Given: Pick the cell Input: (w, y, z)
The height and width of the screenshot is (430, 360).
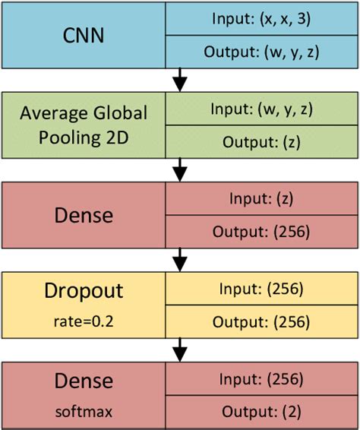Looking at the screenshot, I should tap(262, 109).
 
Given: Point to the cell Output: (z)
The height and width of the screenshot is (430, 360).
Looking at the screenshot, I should tap(262, 142).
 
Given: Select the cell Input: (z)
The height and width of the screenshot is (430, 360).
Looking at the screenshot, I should tap(262, 199).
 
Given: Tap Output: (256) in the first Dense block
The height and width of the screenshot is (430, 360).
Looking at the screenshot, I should tap(262, 232).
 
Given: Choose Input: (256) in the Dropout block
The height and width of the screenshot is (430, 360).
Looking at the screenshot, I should tap(262, 289).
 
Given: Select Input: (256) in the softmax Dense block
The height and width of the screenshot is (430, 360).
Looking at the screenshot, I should tap(262, 379).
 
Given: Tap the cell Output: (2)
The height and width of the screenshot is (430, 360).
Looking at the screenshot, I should tap(262, 413).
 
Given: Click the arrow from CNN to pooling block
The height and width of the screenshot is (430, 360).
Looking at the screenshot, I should tap(179, 78).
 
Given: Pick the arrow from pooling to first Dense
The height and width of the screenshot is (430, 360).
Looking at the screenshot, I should tap(179, 169).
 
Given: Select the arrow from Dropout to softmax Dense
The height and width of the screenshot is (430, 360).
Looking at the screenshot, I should tap(179, 350).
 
